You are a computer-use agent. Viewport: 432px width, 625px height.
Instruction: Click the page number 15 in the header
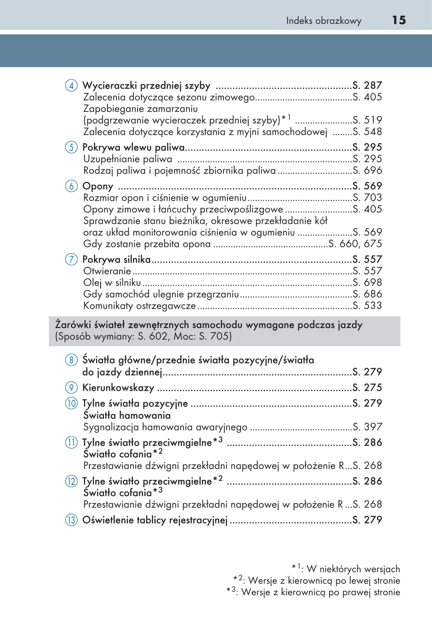pyautogui.click(x=399, y=20)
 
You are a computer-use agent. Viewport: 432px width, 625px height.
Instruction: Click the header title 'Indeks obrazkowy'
pyautogui.click(x=323, y=21)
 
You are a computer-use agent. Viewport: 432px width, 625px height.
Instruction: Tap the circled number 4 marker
pyautogui.click(x=71, y=85)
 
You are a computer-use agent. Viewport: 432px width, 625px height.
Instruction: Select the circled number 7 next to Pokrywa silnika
pyautogui.click(x=71, y=260)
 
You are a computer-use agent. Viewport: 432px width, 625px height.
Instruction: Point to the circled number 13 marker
pyautogui.click(x=71, y=520)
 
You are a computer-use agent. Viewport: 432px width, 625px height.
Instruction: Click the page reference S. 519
pyautogui.click(x=367, y=120)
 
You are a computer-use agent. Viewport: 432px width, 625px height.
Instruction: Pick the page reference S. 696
pyautogui.click(x=367, y=170)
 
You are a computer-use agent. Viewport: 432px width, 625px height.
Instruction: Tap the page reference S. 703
pyautogui.click(x=367, y=197)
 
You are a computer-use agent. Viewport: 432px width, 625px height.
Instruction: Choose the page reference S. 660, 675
pyautogui.click(x=355, y=244)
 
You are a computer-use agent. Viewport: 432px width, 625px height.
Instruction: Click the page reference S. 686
pyautogui.click(x=367, y=294)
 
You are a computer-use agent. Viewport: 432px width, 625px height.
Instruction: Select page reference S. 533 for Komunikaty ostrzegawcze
pyautogui.click(x=367, y=305)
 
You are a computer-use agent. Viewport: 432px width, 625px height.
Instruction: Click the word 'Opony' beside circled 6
pyautogui.click(x=98, y=186)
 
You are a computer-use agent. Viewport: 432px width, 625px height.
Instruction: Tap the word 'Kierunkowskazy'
pyautogui.click(x=118, y=388)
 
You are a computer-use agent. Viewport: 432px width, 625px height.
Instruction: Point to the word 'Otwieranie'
pyautogui.click(x=107, y=271)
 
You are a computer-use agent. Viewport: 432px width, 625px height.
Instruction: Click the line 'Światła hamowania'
pyautogui.click(x=127, y=415)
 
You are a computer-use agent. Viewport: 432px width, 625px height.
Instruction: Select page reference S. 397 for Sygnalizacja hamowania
pyautogui.click(x=367, y=427)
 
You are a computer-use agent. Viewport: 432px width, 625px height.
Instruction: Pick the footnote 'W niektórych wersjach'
pyautogui.click(x=353, y=569)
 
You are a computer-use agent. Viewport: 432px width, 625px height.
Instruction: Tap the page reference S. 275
pyautogui.click(x=367, y=388)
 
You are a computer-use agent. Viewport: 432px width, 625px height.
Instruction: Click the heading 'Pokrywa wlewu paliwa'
pyautogui.click(x=134, y=147)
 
